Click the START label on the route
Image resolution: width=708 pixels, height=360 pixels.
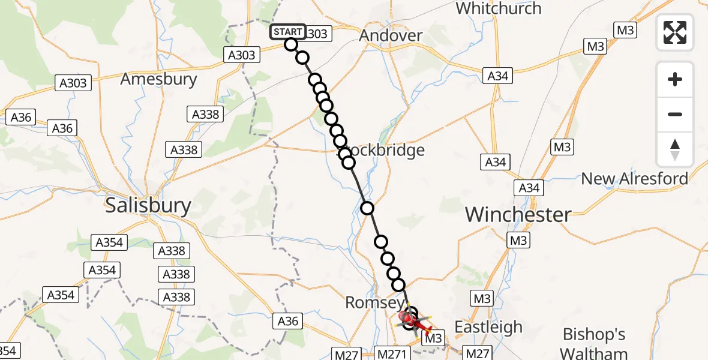288,32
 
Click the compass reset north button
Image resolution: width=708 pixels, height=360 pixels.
675,149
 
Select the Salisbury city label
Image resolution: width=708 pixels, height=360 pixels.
148,206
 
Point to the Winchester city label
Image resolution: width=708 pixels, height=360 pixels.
518,214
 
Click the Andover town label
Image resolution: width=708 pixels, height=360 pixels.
391,35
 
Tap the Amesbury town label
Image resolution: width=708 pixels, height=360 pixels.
158,79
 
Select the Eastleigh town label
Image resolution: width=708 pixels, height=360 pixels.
488,327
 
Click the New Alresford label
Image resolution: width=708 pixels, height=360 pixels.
635,178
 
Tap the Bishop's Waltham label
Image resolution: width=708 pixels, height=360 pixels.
594,344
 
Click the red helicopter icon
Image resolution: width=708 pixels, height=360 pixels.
417,322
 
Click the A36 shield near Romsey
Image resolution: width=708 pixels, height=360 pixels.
288,321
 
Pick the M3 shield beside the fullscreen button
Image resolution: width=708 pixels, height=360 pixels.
625,30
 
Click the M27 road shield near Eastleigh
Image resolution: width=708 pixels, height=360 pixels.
478,353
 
